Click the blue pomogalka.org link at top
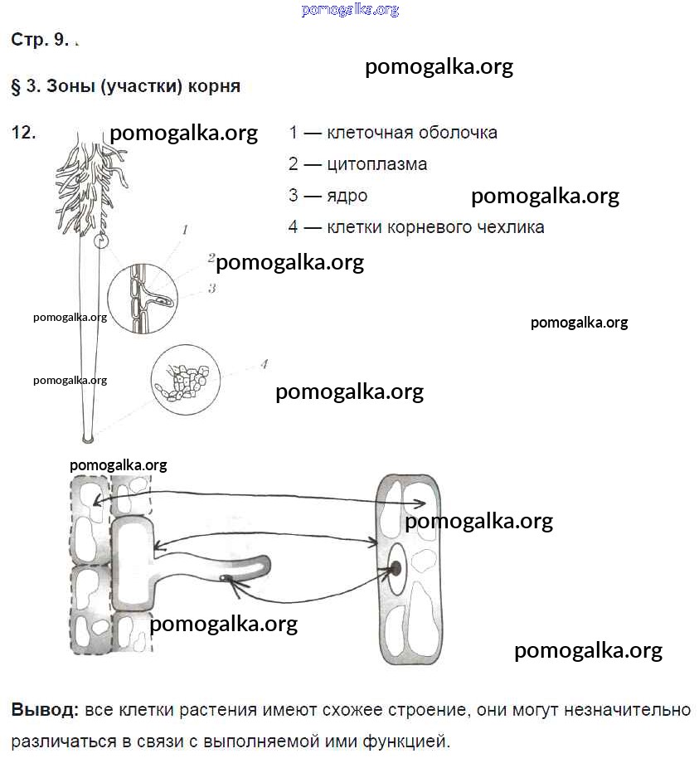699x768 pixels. coord(350,10)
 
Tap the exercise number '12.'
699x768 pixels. coord(24,132)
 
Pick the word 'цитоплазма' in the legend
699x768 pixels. coord(377,164)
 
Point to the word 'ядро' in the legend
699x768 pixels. coord(347,196)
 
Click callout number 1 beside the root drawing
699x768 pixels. coord(185,229)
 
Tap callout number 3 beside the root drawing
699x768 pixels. coord(212,289)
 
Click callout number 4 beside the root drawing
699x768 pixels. coord(264,363)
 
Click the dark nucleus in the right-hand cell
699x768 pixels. coord(396,568)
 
